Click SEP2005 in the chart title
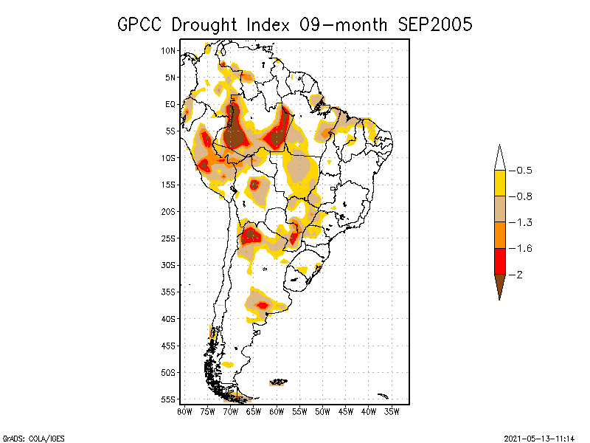[x=434, y=24]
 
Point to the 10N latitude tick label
[x=169, y=50]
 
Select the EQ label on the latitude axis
[x=170, y=104]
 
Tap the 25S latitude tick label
[x=169, y=238]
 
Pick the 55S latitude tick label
[x=169, y=399]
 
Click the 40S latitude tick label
[x=169, y=319]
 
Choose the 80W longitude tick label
[x=184, y=411]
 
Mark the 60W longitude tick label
[x=277, y=411]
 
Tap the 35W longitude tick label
[x=392, y=411]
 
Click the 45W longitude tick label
[x=346, y=411]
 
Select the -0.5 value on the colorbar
[x=524, y=171]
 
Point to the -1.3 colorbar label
[x=524, y=222]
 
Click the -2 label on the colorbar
[x=519, y=275]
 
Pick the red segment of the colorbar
[x=499, y=261]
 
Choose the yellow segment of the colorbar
[x=499, y=183]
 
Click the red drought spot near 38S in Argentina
[x=263, y=305]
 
